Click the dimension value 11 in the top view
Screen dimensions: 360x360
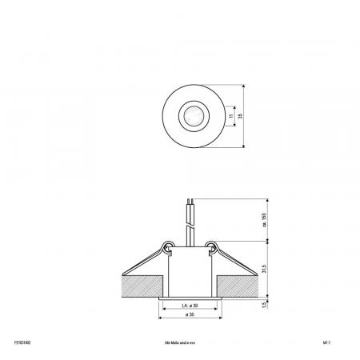click(230, 118)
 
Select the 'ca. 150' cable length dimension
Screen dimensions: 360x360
click(264, 218)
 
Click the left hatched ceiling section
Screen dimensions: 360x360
click(139, 282)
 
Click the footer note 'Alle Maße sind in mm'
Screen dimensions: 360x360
click(179, 341)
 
